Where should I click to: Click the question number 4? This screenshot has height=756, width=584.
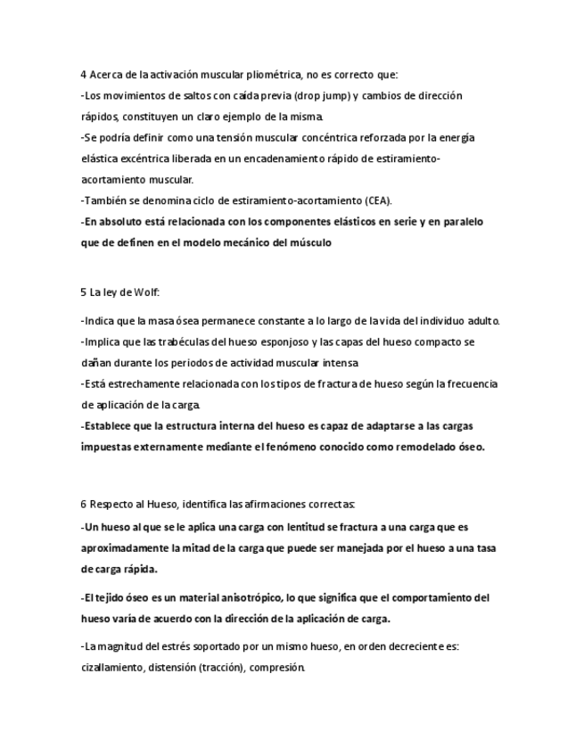point(83,74)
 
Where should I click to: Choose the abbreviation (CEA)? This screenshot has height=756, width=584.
point(375,201)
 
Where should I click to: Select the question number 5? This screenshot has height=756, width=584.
point(83,292)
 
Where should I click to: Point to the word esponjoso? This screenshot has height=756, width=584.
point(262,341)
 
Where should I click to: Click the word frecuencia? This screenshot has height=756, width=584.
point(467,383)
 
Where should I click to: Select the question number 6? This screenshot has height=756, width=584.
point(83,505)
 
